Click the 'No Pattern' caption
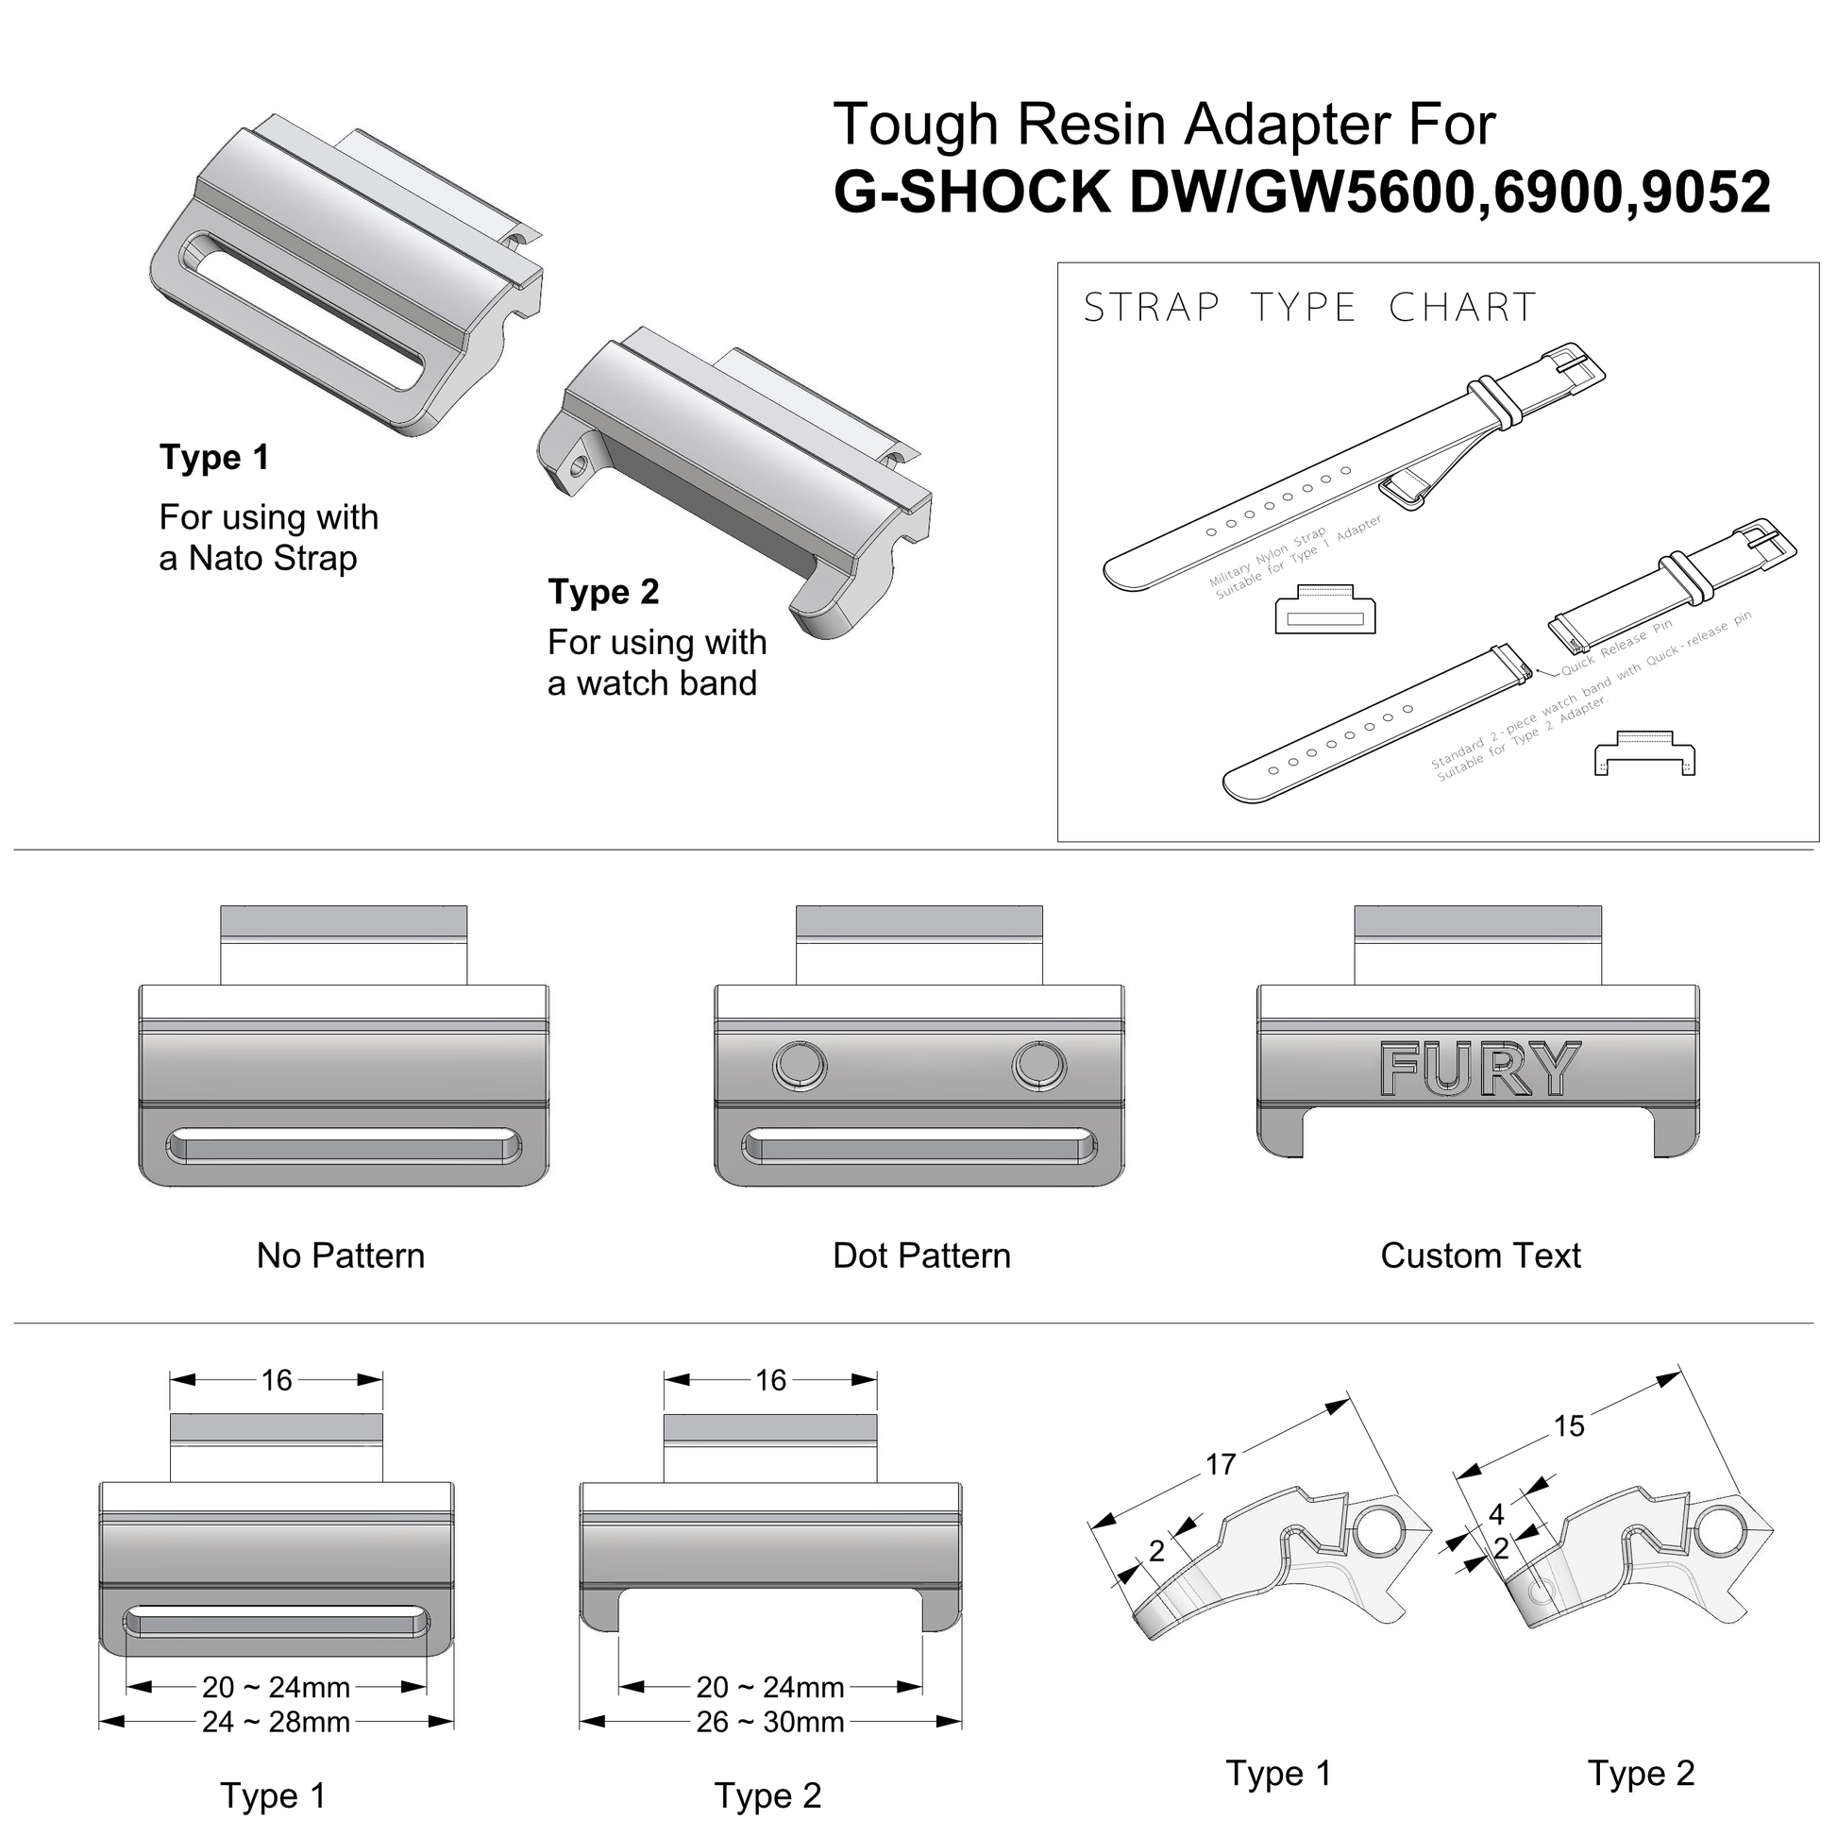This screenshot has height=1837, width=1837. (x=341, y=1256)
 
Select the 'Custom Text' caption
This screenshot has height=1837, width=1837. (x=1480, y=1256)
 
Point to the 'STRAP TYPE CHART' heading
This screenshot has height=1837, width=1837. (x=1309, y=308)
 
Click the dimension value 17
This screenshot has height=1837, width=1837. (x=1221, y=1464)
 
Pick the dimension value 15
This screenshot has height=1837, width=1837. (x=1569, y=1426)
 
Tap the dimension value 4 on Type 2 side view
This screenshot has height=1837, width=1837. (x=1496, y=1514)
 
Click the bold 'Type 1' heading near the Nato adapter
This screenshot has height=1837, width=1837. (x=214, y=457)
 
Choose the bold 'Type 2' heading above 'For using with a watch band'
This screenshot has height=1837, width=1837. (x=603, y=592)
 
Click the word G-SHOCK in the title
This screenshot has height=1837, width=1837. (x=971, y=191)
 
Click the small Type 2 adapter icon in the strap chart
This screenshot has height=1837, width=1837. (x=1644, y=754)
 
